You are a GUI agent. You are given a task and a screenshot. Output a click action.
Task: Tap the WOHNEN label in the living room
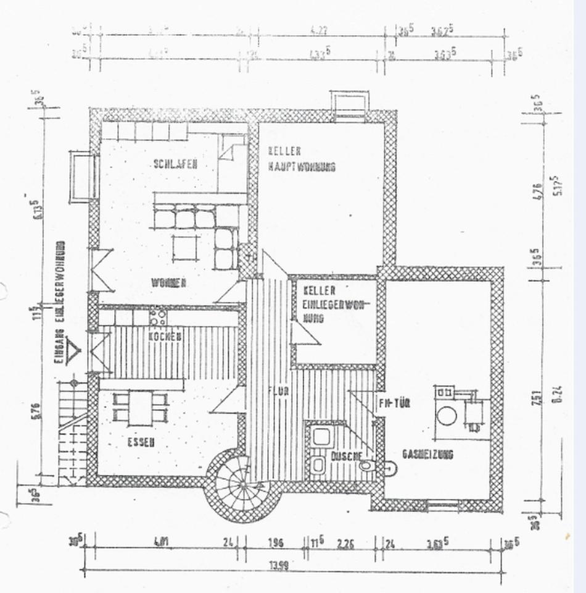tap(168, 283)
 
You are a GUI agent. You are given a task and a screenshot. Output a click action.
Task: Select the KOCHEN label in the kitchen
tap(165, 337)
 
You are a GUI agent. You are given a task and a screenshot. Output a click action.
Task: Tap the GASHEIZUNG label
tap(427, 454)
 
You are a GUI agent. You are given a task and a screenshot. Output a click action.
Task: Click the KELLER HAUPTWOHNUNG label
tap(301, 159)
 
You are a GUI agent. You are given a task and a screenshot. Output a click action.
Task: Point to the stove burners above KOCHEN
tap(158, 317)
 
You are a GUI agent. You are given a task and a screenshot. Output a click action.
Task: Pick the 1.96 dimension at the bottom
tap(275, 543)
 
